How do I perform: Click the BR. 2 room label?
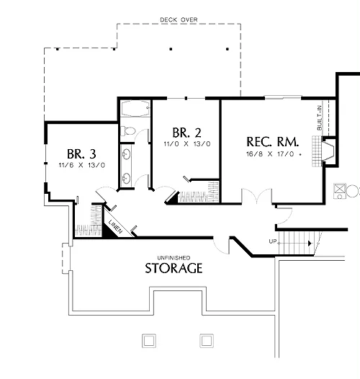click(186, 133)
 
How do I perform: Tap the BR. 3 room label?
click(81, 153)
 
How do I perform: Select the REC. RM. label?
click(273, 142)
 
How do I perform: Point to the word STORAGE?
click(174, 268)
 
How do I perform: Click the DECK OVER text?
click(179, 20)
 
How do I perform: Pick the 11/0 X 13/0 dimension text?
click(187, 144)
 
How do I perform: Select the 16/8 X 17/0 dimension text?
click(270, 154)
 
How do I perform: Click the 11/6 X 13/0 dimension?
click(82, 165)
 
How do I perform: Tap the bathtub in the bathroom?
click(135, 109)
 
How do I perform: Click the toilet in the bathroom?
click(128, 131)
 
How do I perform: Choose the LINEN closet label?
click(116, 226)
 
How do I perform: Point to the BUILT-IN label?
click(320, 117)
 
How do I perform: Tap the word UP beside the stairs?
click(273, 241)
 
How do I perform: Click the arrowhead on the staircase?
click(310, 243)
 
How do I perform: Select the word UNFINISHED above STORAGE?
click(174, 258)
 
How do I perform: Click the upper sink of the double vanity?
click(126, 154)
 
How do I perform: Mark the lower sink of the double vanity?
click(126, 179)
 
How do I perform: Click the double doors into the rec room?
click(256, 196)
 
